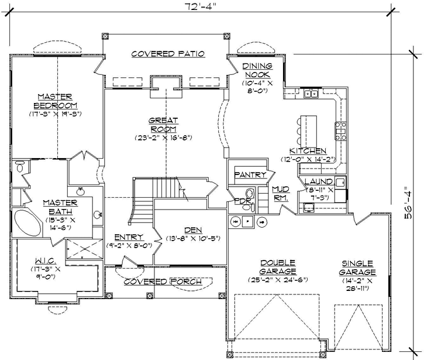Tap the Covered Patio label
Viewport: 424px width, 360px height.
point(167,53)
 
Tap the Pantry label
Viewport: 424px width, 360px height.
point(250,174)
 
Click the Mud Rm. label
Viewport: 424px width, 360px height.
point(282,193)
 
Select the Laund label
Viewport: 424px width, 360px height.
point(319,181)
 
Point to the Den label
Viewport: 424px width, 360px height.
point(189,229)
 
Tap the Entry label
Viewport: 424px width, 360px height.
point(128,237)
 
